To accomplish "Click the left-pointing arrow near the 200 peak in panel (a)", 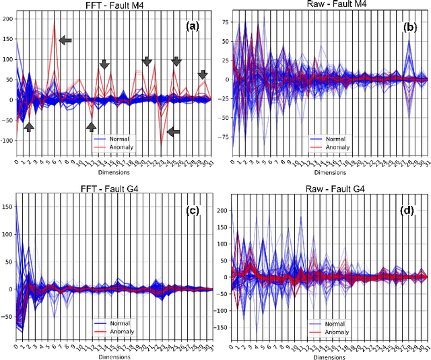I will click(x=65, y=40).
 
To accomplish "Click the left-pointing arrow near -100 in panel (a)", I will click(x=173, y=132).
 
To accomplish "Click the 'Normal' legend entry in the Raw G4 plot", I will click(x=335, y=323).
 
